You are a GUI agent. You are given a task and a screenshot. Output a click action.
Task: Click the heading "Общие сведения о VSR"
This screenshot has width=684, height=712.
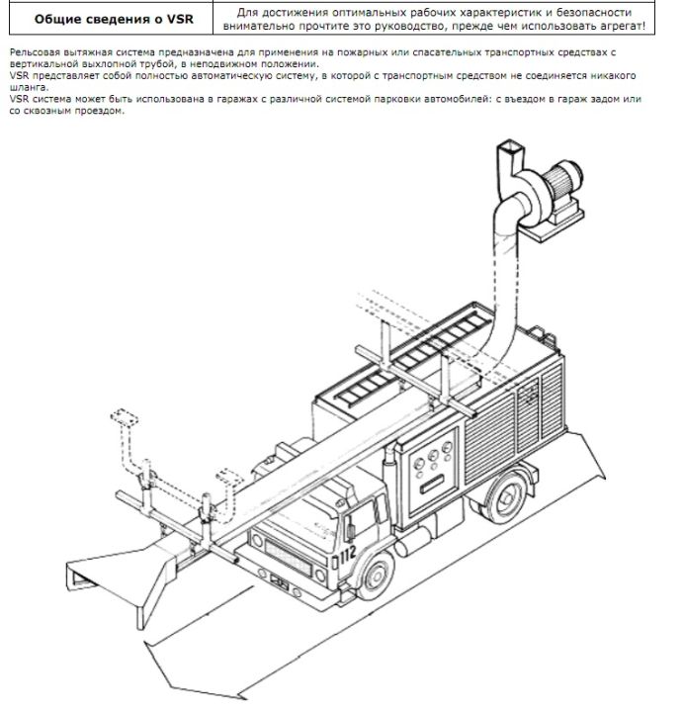click(114, 19)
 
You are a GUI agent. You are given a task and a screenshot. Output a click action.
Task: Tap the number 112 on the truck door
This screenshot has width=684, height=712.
click(347, 555)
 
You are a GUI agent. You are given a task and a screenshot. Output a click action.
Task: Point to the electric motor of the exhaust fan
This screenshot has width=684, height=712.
click(564, 178)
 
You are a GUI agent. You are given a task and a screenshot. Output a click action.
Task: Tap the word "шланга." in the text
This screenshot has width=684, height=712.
click(29, 88)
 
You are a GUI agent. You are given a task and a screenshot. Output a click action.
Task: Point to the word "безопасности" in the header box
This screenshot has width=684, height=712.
click(594, 12)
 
